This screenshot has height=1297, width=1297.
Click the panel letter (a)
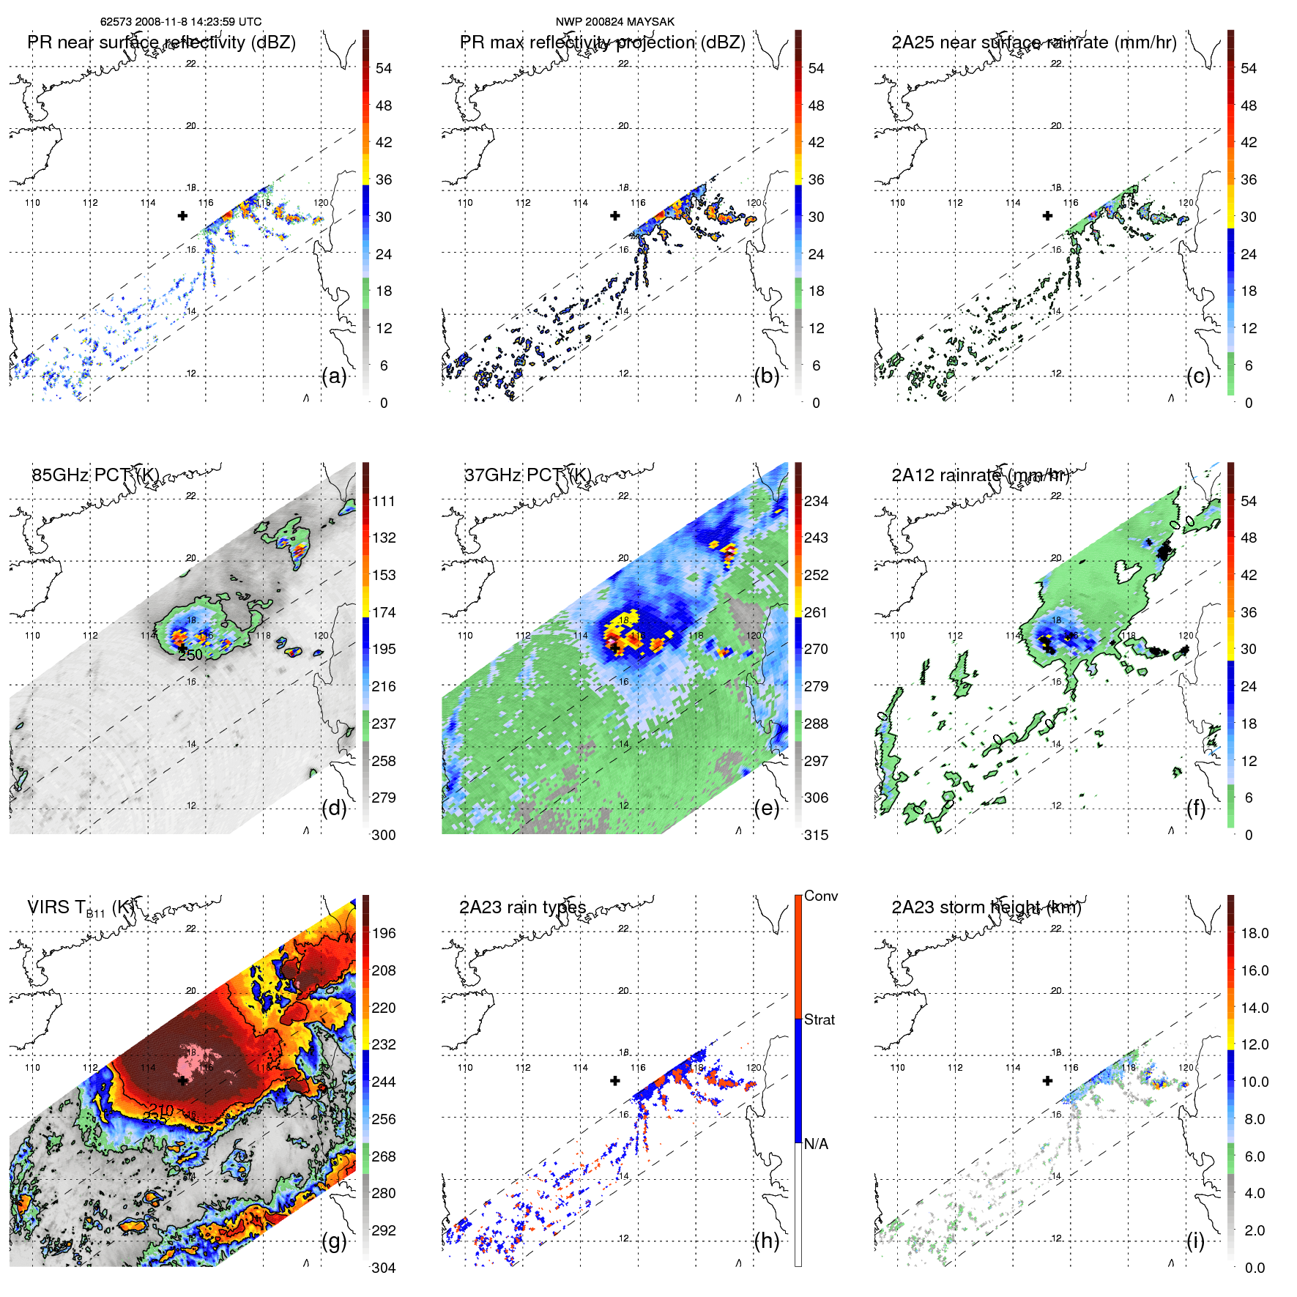(334, 376)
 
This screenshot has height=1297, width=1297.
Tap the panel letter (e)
(766, 809)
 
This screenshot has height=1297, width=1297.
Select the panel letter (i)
(1195, 1241)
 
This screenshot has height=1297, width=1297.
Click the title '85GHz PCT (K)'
(95, 475)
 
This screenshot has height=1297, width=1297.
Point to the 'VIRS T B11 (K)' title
(81, 908)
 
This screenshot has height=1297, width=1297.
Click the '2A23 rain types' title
(522, 907)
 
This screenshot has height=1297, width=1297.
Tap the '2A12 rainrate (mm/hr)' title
(980, 475)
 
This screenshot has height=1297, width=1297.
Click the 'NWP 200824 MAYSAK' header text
(614, 22)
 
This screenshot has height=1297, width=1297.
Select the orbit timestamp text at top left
(181, 22)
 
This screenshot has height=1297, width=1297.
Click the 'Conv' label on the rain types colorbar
(820, 896)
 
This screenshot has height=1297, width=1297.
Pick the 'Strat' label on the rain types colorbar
(819, 1019)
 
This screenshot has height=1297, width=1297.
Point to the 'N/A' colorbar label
(816, 1144)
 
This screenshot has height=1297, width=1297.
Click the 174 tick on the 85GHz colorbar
(384, 612)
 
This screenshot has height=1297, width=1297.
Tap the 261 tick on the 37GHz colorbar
(816, 612)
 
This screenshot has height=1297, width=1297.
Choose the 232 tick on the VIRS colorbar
(384, 1044)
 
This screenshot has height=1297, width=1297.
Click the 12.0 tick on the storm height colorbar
(1254, 1044)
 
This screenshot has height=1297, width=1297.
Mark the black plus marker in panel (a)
(182, 215)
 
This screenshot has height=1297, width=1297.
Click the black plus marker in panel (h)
(615, 1080)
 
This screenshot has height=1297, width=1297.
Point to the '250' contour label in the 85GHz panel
(190, 655)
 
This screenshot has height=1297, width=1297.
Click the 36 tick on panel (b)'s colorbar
(816, 179)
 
